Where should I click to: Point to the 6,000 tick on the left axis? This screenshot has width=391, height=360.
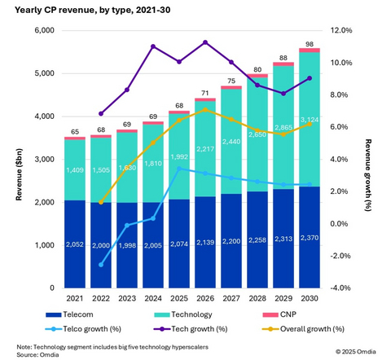[x=41, y=31]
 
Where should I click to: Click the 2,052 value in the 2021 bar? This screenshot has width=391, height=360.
[x=76, y=244]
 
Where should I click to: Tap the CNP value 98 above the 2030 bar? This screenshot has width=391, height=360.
[x=309, y=43]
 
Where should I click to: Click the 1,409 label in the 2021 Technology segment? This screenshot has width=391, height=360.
[x=76, y=171]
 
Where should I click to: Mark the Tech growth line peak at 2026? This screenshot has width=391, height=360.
[x=205, y=42]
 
